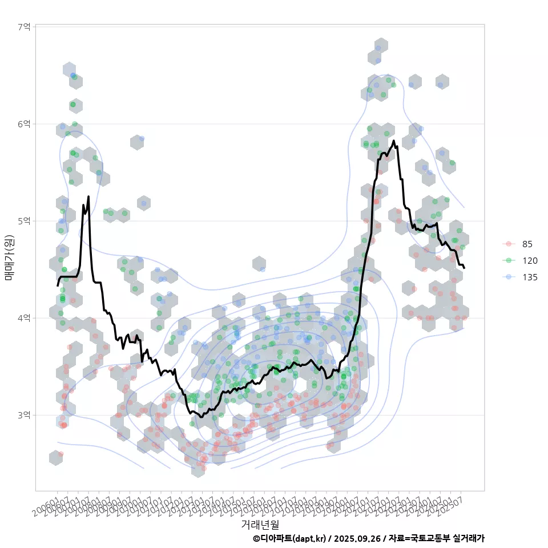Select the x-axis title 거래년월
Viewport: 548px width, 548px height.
(260, 524)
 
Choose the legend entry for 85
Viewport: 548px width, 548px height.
(527, 244)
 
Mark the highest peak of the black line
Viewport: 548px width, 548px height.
(394, 140)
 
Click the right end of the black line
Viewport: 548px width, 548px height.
(464, 268)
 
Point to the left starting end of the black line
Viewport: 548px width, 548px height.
(58, 285)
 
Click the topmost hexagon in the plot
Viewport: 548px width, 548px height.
(381, 46)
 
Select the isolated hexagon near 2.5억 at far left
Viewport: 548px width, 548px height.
(55, 458)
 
